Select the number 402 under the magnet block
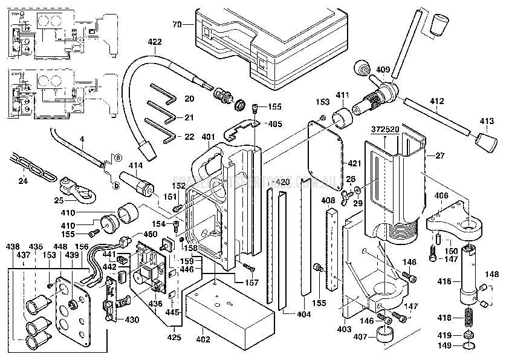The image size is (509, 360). click(x=203, y=339)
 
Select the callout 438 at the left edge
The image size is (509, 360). click(x=11, y=247)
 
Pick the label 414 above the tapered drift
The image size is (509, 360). click(x=135, y=165)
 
